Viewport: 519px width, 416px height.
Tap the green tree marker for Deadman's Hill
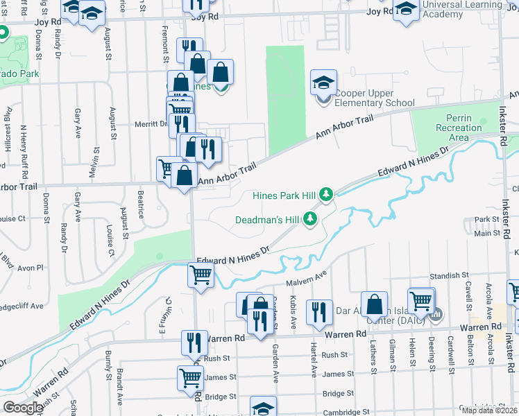309,220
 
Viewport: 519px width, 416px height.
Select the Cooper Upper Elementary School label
375,98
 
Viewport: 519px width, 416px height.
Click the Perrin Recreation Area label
459,128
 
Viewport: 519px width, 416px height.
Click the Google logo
22,407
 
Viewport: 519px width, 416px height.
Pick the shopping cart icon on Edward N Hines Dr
201,275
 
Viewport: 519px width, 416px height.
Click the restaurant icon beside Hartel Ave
319,312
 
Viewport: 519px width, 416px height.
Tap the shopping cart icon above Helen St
421,300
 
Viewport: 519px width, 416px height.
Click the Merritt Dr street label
150,123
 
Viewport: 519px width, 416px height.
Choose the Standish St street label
445,276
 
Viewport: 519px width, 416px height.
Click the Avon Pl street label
30,267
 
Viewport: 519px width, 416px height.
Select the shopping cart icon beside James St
190,378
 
